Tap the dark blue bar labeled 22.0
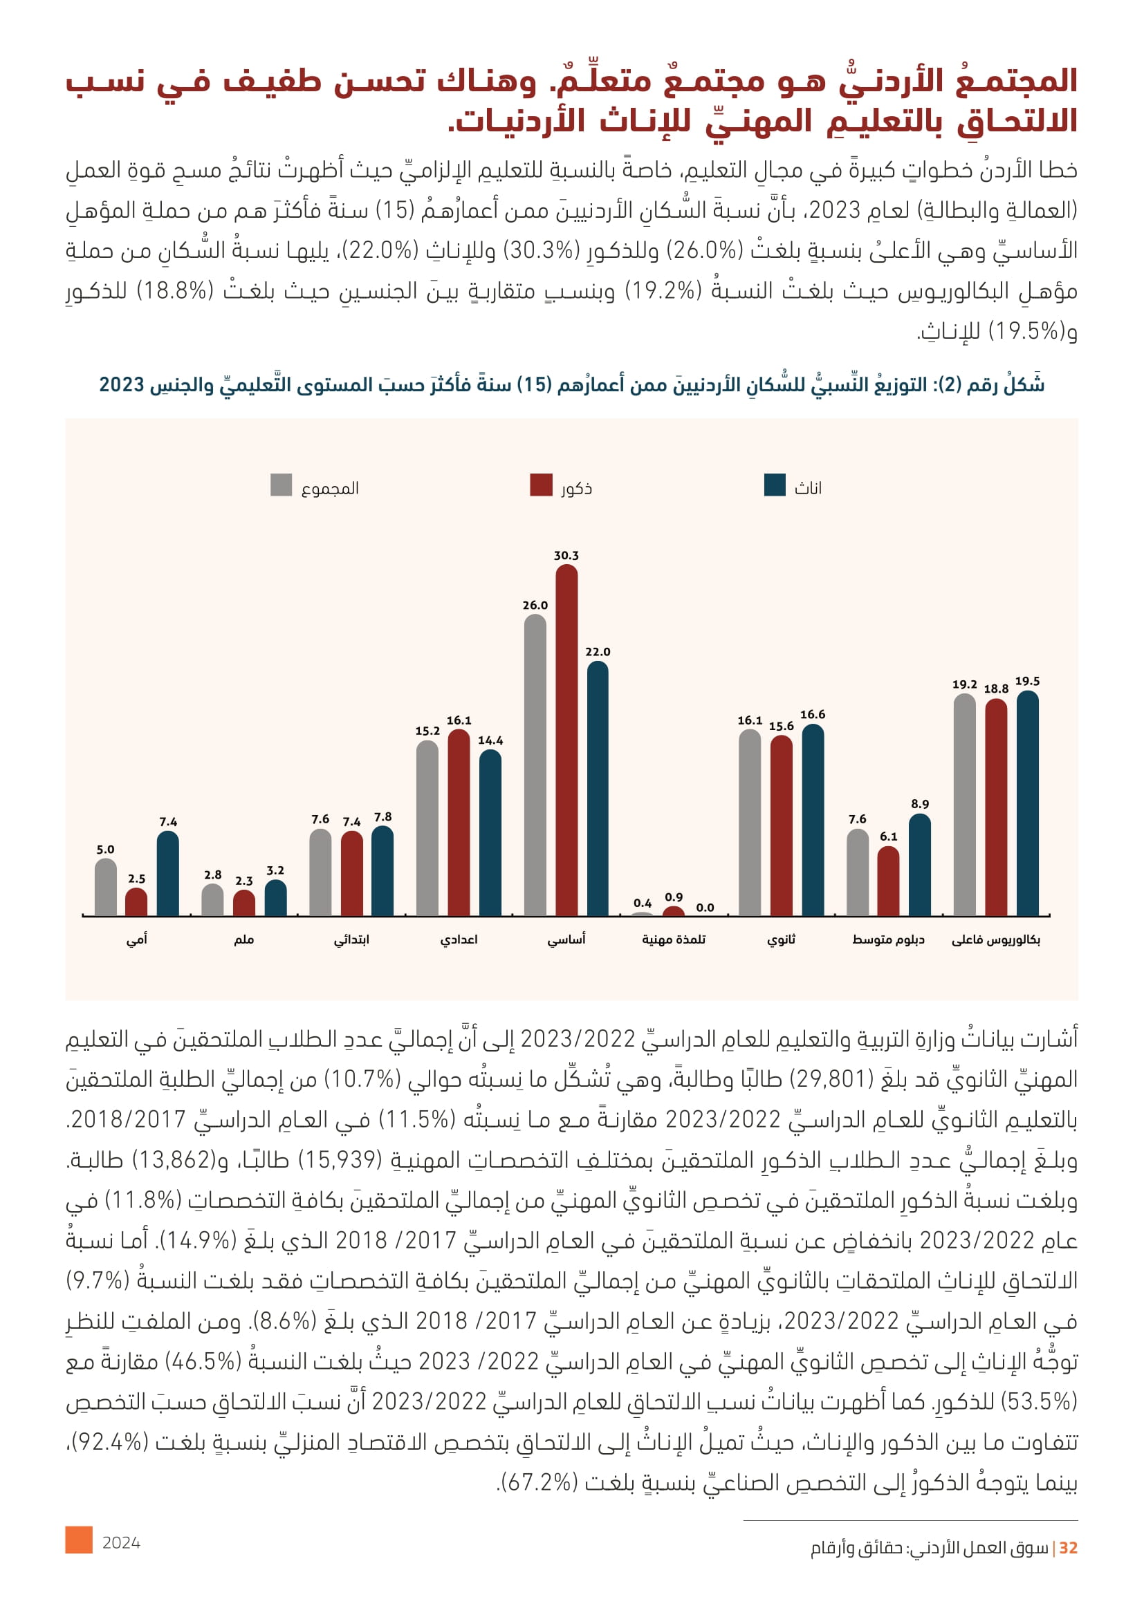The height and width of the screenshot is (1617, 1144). point(598,788)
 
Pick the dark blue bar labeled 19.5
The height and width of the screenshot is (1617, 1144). point(1027,803)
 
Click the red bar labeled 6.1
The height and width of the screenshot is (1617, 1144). point(888,881)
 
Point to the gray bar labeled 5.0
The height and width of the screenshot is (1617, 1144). point(106,888)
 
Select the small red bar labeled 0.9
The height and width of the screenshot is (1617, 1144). point(674,911)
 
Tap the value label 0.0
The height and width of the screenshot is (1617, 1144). point(705,908)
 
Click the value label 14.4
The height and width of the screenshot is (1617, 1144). point(490,740)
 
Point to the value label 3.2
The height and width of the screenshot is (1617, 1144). point(275,870)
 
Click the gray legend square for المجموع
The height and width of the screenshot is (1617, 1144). point(281,485)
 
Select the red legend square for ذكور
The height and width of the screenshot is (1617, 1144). point(541,485)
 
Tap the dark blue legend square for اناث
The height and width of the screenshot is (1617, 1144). point(775,485)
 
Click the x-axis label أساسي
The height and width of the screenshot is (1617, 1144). point(566,940)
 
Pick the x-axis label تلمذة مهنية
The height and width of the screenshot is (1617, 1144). point(674,940)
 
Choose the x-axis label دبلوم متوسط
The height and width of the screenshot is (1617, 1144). point(888,940)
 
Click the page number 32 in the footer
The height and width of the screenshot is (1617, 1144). point(1069,1547)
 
